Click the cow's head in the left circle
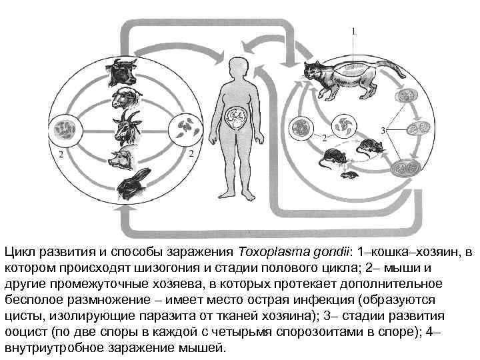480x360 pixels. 124,69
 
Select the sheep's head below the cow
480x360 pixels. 125,97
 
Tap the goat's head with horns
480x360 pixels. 125,126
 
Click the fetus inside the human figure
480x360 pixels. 237,120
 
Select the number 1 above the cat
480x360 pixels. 353,31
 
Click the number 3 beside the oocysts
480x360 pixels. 382,129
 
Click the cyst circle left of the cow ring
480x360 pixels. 68,127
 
